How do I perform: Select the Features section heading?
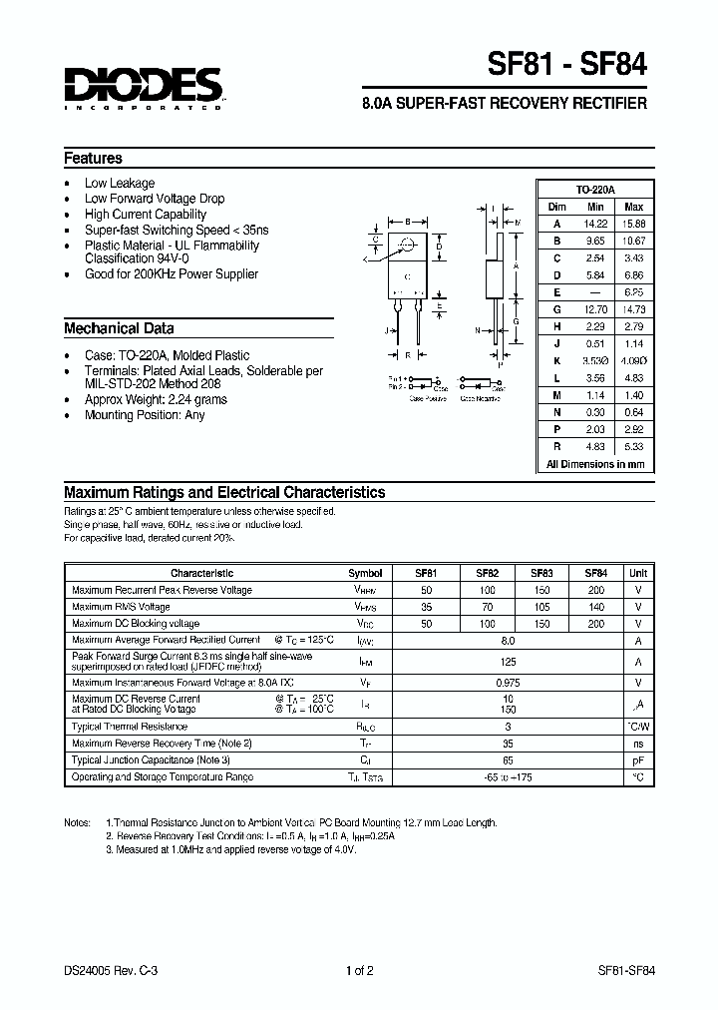93,158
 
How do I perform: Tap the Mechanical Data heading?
119,328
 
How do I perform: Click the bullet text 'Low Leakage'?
119,183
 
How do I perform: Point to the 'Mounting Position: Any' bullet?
144,415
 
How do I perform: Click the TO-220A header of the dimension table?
595,190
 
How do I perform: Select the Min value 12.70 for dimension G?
595,309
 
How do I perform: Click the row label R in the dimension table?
557,447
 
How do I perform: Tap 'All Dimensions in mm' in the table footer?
595,464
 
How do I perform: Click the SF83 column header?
541,573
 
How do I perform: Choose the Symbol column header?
365,573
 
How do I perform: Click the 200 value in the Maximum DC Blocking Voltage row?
595,624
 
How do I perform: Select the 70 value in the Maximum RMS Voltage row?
487,607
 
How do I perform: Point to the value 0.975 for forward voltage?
508,682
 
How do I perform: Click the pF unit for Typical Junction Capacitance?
638,759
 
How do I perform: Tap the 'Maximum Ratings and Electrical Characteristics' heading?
224,492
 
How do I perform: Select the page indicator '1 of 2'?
359,970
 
